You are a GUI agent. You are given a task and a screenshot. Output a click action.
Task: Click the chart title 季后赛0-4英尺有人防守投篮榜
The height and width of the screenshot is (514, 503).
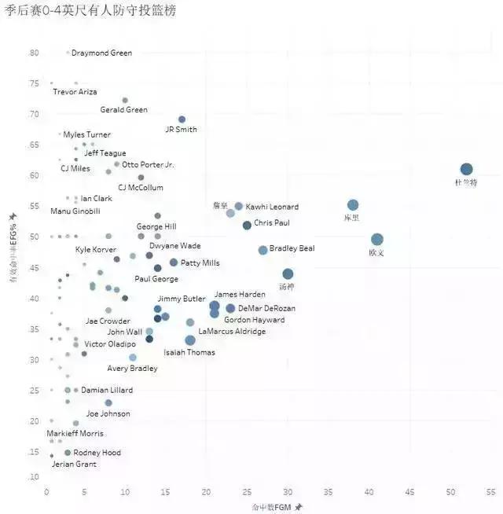90,10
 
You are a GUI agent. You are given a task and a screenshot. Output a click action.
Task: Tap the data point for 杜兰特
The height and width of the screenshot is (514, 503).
466,170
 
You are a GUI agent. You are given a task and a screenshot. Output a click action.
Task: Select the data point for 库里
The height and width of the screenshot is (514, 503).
353,205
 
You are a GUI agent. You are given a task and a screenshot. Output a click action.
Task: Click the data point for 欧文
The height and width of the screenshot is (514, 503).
377,240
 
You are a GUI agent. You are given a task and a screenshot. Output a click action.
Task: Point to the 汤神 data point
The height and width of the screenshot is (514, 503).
288,274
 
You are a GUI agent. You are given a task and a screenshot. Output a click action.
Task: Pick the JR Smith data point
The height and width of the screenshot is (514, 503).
182,119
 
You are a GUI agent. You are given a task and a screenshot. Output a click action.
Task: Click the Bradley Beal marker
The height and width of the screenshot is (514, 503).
263,250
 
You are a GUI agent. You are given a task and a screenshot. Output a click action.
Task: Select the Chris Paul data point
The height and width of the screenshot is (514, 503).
247,226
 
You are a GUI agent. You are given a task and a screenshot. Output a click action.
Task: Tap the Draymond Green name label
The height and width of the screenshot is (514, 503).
101,53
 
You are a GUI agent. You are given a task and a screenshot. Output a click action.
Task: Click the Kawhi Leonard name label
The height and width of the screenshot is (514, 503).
272,207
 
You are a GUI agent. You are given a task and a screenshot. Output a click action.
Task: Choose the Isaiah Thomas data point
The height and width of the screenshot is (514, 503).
190,340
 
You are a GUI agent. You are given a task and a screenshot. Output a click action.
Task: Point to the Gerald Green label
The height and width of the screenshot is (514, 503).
123,110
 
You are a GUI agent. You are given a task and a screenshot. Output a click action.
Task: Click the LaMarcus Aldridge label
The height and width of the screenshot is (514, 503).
232,332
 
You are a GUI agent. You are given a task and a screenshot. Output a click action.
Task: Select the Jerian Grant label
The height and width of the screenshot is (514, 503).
74,464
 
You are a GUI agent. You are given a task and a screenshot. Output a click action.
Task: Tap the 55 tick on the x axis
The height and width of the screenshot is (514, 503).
490,492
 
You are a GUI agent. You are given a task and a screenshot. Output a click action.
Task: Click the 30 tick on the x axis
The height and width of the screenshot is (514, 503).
288,492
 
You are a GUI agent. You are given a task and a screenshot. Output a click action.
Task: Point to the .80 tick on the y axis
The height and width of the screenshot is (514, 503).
34,53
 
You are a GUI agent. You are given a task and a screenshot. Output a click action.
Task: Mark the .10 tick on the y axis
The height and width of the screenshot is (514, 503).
34,477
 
